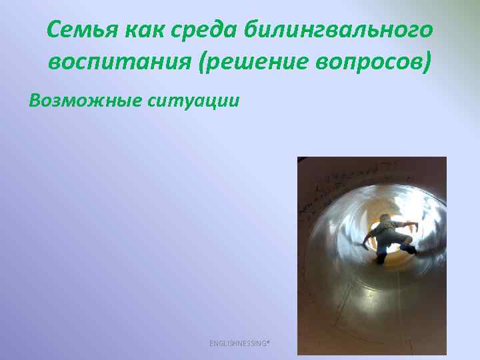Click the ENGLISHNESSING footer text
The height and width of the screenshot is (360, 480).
point(239,343)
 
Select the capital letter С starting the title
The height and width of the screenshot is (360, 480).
point(55,30)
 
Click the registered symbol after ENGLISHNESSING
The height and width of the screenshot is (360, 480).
point(268,341)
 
